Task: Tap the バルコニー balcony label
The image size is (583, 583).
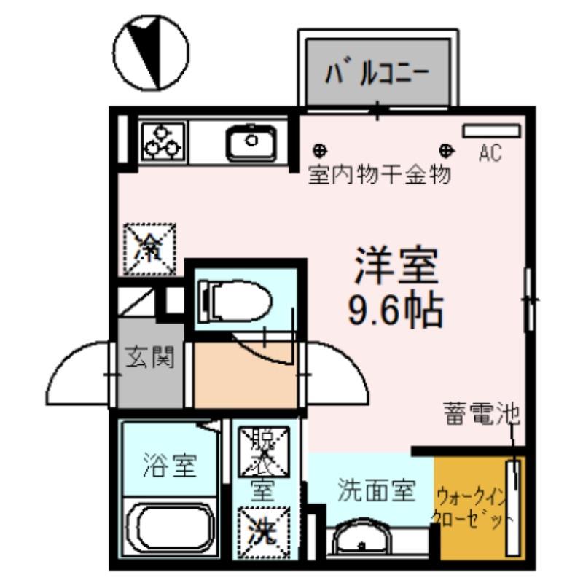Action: coord(377,72)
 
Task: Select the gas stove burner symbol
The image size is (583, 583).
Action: coord(163,140)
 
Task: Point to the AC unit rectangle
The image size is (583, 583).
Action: coord(491,130)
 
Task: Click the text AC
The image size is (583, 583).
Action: coord(490,154)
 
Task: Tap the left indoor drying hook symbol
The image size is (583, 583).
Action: coord(319,151)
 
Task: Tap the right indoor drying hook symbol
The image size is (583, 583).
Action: coord(446,151)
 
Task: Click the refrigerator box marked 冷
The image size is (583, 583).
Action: coord(150,249)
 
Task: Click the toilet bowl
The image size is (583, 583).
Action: coord(234,300)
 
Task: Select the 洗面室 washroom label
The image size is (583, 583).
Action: coord(376,490)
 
